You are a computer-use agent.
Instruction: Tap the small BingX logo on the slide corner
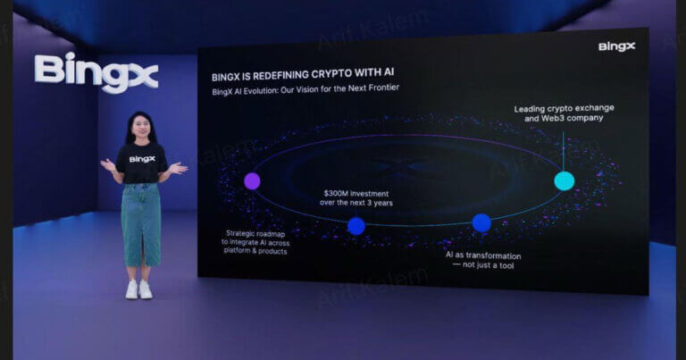(x=616, y=46)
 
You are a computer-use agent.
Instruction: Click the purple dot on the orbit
(x=252, y=180)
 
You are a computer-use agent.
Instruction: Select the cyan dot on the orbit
(x=564, y=180)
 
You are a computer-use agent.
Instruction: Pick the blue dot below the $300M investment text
(x=356, y=226)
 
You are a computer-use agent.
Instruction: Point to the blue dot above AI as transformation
(x=481, y=222)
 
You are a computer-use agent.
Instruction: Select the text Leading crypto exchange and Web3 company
(x=564, y=113)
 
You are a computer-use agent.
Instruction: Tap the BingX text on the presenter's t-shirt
(x=142, y=159)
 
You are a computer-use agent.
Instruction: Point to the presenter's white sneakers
(x=138, y=289)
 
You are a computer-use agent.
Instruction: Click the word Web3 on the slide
(x=548, y=118)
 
